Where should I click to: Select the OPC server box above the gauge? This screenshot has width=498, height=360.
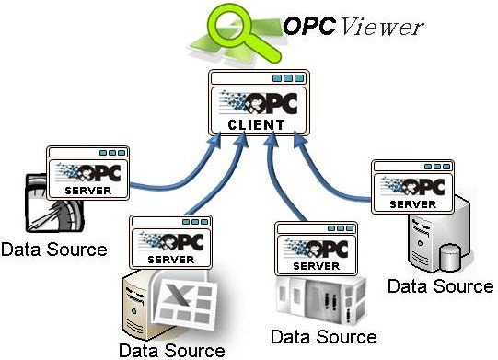88,171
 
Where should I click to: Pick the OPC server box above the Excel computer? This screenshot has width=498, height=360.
169,242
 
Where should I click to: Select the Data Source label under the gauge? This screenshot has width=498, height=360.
53,249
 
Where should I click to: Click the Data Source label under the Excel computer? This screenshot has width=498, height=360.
171,350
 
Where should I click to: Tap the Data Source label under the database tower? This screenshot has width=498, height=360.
440,285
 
